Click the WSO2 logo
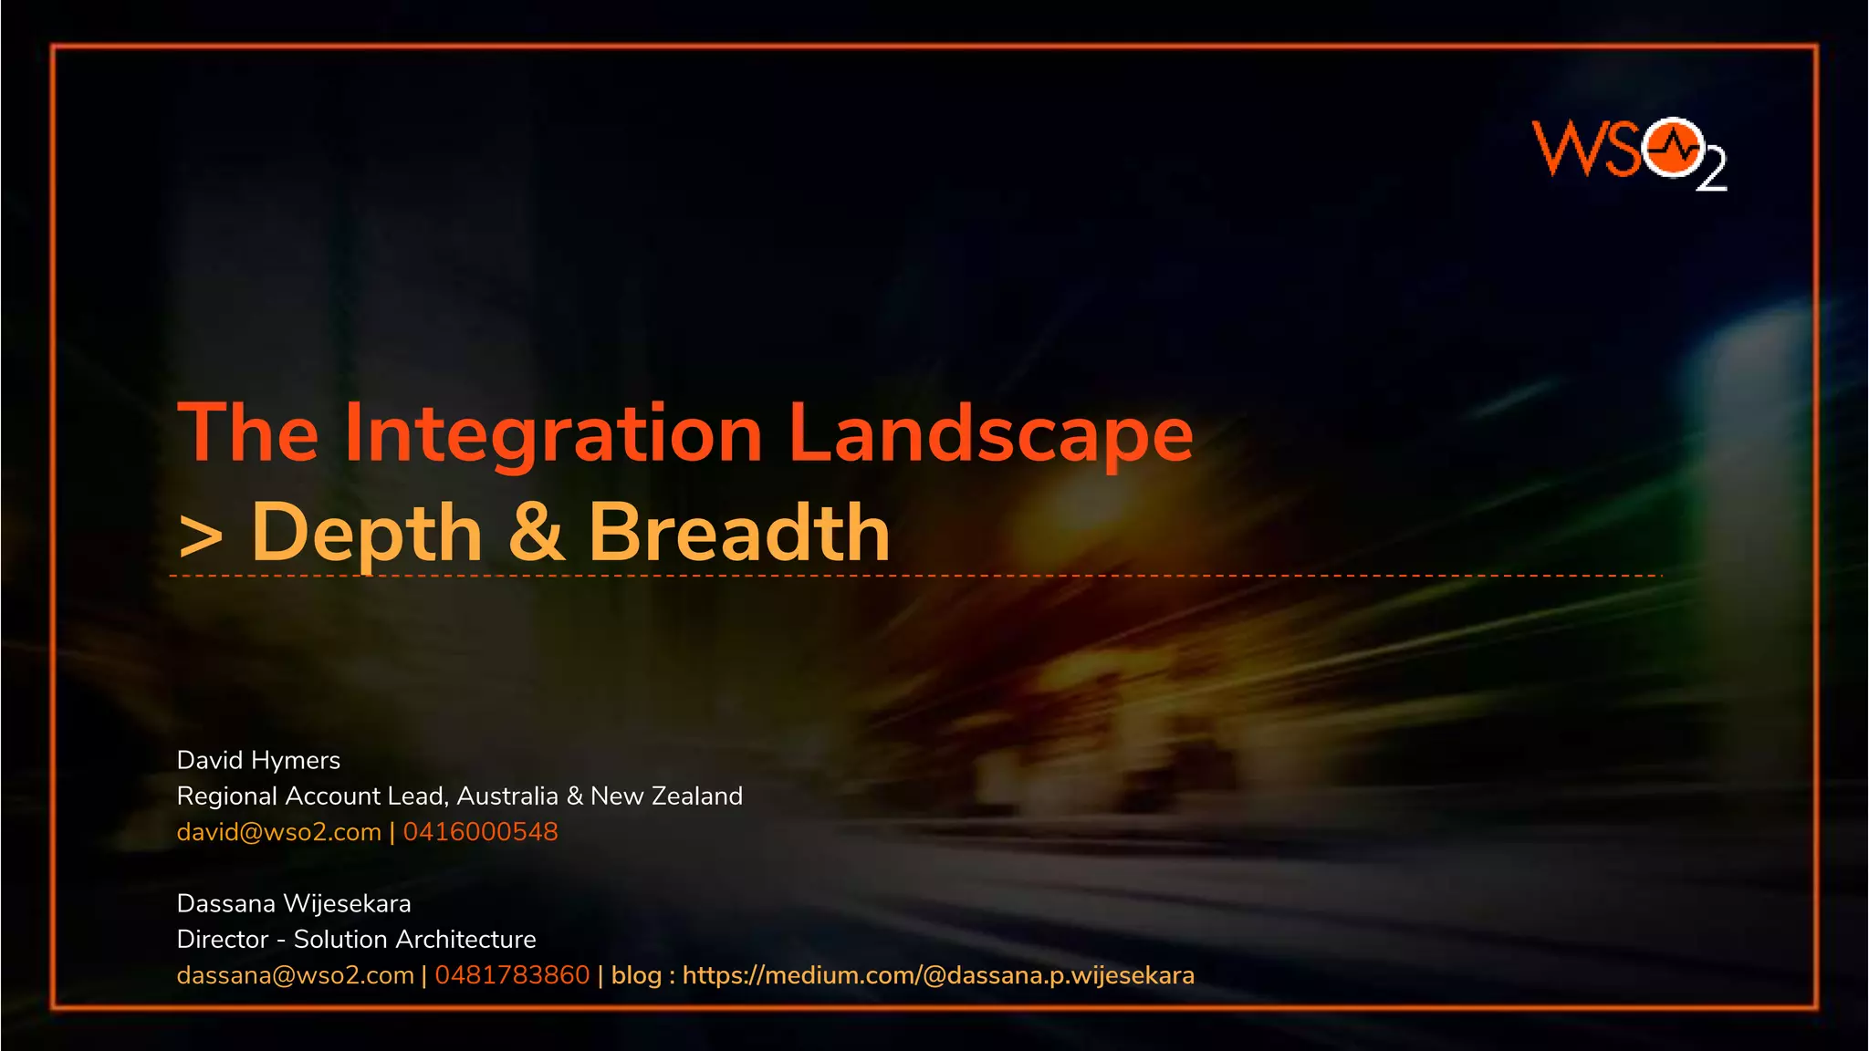[1629, 151]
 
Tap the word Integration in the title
[552, 434]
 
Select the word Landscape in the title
[990, 434]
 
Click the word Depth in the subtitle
[366, 533]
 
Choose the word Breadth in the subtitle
[738, 533]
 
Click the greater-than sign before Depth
[201, 536]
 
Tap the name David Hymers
[258, 760]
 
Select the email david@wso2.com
[278, 832]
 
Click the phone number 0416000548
[480, 832]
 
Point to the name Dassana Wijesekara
[294, 903]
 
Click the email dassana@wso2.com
[295, 975]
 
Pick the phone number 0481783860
[512, 975]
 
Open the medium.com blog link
[938, 975]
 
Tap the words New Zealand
[666, 796]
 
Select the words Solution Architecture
[414, 940]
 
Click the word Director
[223, 940]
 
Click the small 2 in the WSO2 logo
[1711, 172]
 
